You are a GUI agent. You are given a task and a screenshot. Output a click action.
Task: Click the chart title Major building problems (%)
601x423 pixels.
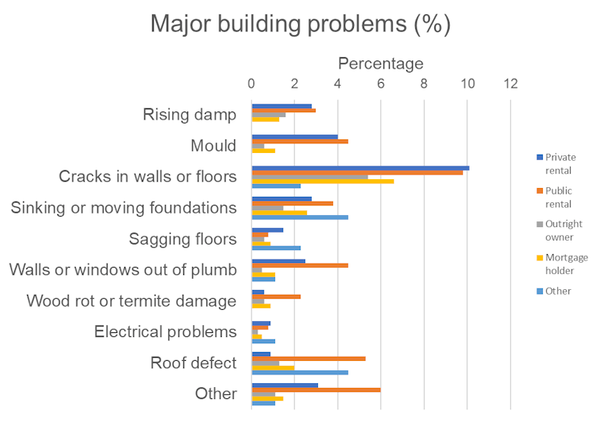300,24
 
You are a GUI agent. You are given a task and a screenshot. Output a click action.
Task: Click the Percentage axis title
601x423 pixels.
380,63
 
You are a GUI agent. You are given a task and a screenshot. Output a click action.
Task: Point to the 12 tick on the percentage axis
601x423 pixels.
510,83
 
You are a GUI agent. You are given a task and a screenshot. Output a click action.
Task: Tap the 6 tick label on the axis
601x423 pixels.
381,83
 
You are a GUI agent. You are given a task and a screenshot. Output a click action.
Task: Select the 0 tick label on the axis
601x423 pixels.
252,83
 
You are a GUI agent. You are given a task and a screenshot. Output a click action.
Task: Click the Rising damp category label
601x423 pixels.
190,115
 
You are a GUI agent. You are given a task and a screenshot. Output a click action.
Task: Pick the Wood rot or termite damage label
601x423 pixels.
132,301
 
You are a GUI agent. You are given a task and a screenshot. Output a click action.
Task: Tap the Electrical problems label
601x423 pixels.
165,331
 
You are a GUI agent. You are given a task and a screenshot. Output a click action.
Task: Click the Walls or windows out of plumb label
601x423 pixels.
123,270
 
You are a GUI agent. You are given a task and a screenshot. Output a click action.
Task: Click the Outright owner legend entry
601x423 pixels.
564,230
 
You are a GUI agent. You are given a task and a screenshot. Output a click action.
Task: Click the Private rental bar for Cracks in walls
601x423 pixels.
360,168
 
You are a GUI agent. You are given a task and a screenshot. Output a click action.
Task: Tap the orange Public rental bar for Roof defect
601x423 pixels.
308,358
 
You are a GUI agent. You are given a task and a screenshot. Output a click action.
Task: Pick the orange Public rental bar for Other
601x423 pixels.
316,390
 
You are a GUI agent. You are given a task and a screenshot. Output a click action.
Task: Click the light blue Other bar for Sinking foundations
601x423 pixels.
300,217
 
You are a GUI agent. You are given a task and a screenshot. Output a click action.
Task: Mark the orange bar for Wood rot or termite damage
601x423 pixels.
276,296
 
